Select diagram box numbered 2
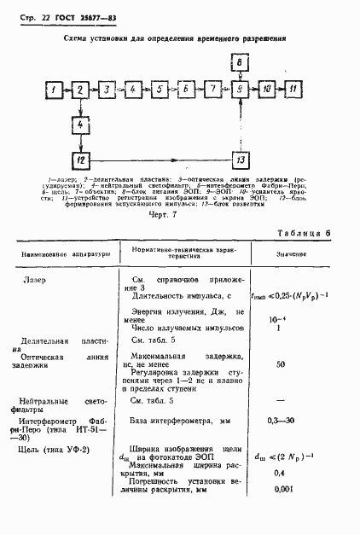tap(79, 89)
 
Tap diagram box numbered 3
tap(106, 89)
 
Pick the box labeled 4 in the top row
tap(132, 89)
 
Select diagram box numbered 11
tap(293, 89)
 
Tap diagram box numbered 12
tap(79, 160)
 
